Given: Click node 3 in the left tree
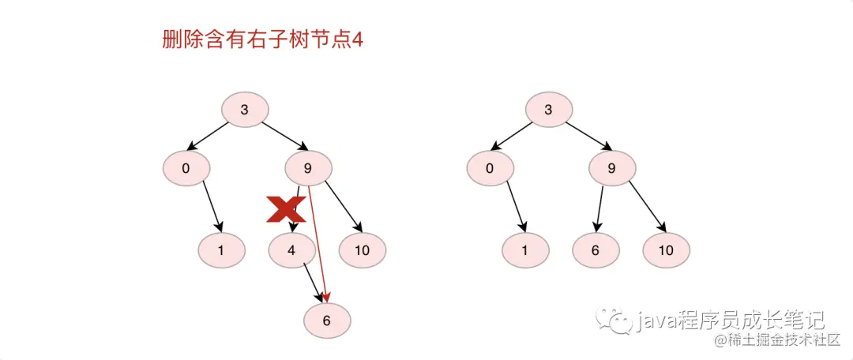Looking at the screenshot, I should tap(245, 110).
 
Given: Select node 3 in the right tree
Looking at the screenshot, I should tap(549, 110).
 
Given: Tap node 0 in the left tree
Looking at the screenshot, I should tap(186, 167).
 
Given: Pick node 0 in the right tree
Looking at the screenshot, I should tap(490, 167).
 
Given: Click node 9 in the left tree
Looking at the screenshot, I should tap(308, 167).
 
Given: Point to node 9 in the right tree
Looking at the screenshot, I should tap(611, 167).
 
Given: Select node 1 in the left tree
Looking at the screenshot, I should tap(221, 251).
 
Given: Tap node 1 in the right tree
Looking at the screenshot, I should tap(525, 251).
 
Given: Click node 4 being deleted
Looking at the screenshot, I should tap(291, 251).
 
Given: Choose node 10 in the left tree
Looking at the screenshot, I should tap(363, 251).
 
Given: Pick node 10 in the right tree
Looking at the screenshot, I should tap(666, 251).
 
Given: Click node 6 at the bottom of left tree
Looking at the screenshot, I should tap(327, 321).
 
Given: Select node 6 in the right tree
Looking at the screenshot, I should tap(596, 251).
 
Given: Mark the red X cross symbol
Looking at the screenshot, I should tap(286, 209).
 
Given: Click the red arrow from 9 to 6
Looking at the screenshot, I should tap(318, 245).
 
